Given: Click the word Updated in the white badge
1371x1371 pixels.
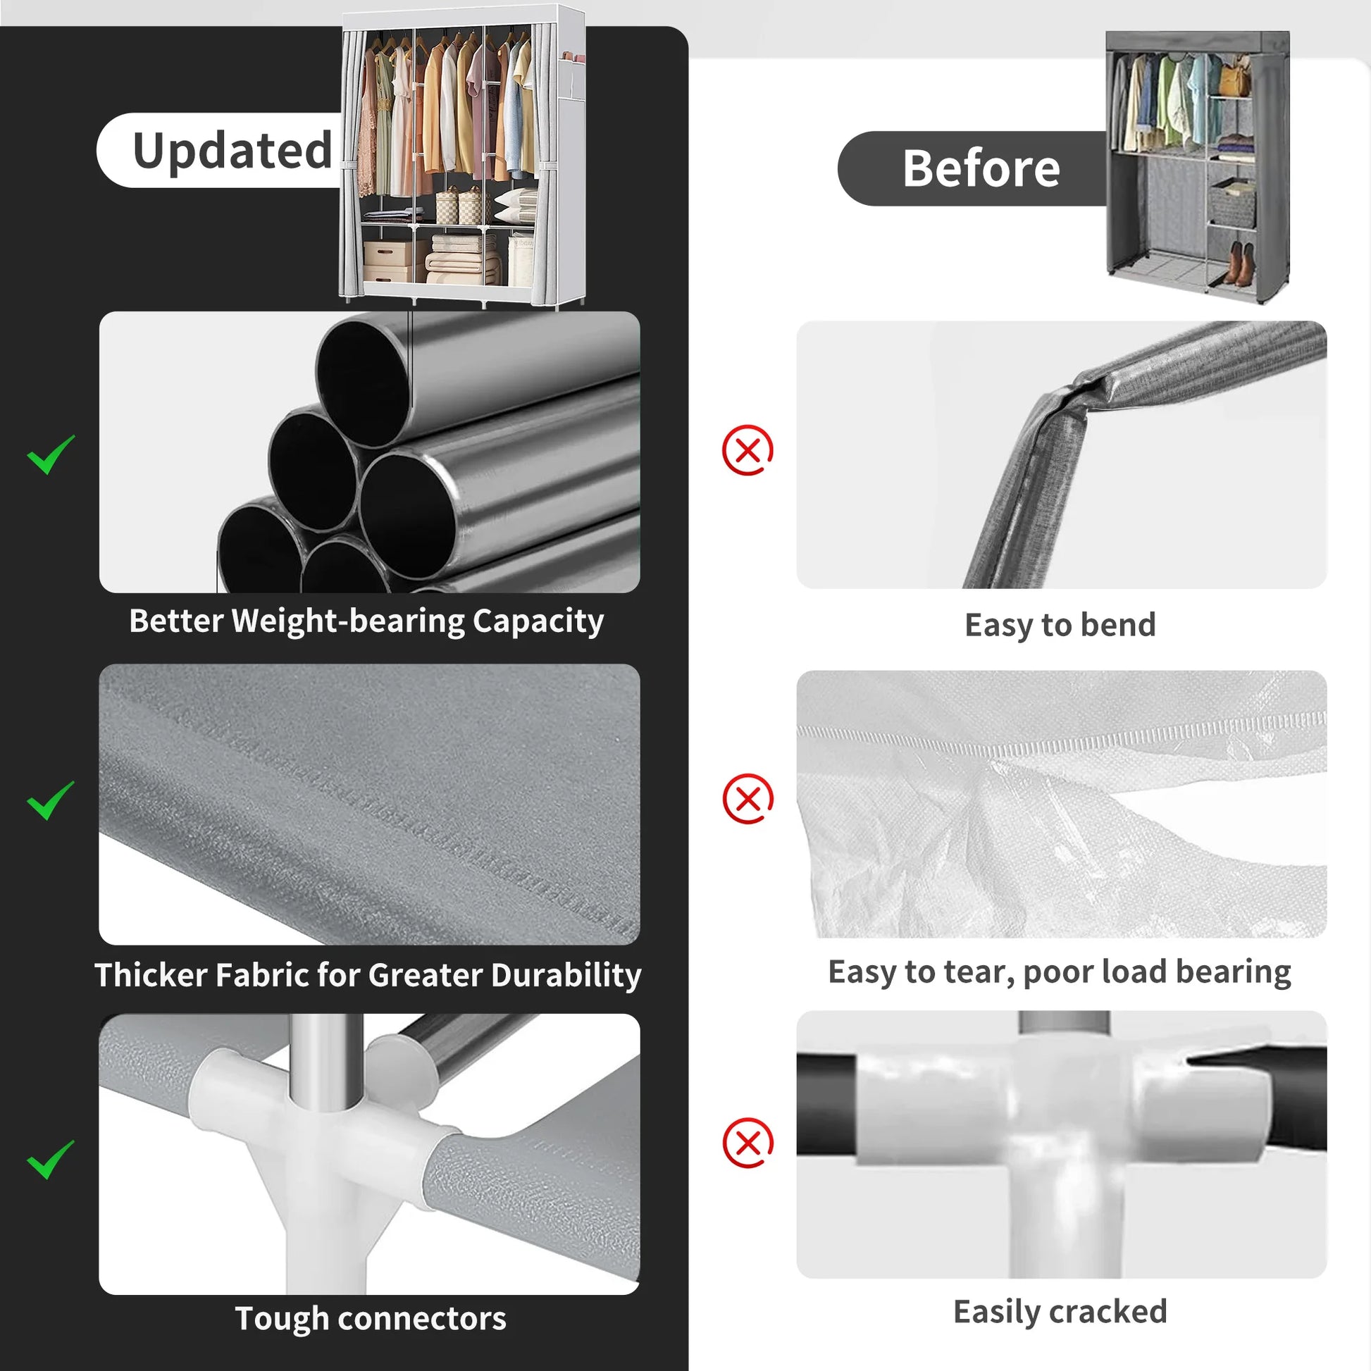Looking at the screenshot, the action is pos(232,151).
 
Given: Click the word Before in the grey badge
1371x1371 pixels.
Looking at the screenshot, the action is pos(981,169).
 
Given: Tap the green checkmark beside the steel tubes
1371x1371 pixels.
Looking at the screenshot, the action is pos(51,455).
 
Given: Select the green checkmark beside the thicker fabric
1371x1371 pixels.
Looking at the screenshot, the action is pos(51,800).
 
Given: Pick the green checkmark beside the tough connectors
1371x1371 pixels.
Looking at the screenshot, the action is pos(51,1160).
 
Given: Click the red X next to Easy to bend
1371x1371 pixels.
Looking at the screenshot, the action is pos(747,450).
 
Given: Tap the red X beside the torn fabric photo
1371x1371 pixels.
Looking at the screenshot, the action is pos(747,799).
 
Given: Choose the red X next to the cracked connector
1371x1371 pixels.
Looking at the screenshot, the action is pos(747,1143).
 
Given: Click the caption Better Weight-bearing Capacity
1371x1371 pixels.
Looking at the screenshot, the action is pos(366,621).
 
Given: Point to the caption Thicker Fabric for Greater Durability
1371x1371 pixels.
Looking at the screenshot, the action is pos(368,975).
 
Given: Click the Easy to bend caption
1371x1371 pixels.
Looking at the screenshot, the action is pos(1060,625).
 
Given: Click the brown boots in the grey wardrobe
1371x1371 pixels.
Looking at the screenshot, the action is pos(1239,264).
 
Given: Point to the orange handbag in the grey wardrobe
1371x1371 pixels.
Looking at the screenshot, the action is pos(1236,77).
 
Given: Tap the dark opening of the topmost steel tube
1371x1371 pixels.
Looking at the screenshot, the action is pos(363,381).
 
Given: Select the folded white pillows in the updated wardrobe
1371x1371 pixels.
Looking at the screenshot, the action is pos(516,206).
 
